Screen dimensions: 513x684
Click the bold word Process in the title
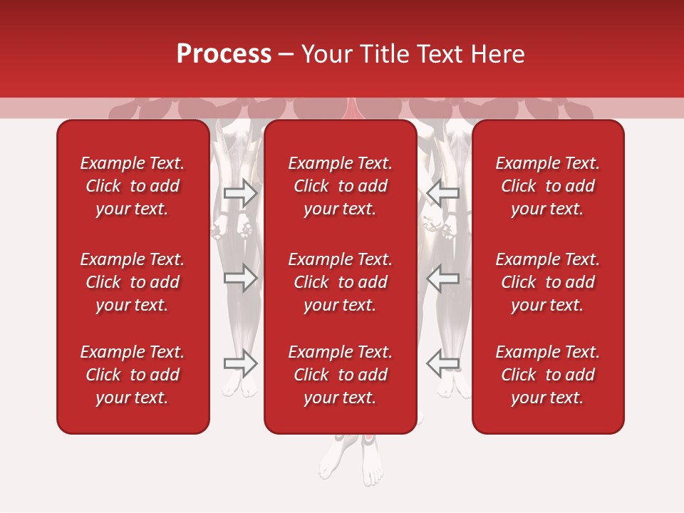pyautogui.click(x=224, y=54)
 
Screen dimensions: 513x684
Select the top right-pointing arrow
pyautogui.click(x=241, y=192)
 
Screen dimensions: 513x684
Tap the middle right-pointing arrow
pyautogui.click(x=241, y=278)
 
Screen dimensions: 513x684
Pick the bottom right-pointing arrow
pyautogui.click(x=241, y=363)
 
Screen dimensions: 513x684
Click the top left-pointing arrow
pyautogui.click(x=442, y=192)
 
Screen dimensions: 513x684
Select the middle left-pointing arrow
pyautogui.click(x=442, y=278)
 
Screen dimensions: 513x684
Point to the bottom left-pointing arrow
pyautogui.click(x=442, y=363)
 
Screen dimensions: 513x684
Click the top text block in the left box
pyautogui.click(x=133, y=186)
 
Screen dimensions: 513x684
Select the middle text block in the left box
pyautogui.click(x=133, y=282)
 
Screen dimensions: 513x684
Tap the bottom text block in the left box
pyautogui.click(x=133, y=375)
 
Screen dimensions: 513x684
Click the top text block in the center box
pyautogui.click(x=341, y=186)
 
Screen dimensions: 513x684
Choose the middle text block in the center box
pyautogui.click(x=341, y=282)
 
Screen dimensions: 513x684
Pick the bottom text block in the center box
pyautogui.click(x=341, y=375)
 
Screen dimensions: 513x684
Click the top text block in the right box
pyautogui.click(x=548, y=186)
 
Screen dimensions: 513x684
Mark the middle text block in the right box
pyautogui.click(x=548, y=282)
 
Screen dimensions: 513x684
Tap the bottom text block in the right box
pyautogui.click(x=548, y=375)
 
